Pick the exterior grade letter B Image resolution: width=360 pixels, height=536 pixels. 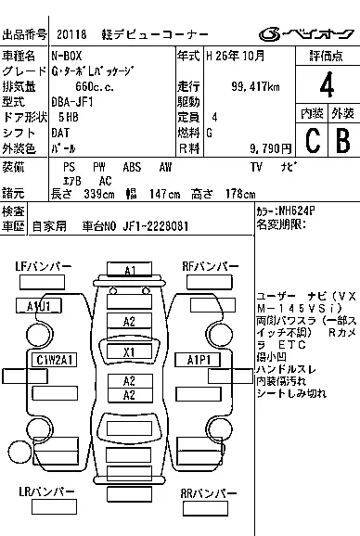point(341,140)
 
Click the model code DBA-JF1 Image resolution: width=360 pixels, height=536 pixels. point(75,102)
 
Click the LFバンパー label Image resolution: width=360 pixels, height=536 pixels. point(43,267)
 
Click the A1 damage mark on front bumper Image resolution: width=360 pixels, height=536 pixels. point(130,270)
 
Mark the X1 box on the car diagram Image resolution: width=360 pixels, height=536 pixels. point(130,351)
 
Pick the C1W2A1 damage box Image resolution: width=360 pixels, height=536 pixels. point(55,359)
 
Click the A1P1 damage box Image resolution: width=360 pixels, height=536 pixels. point(200,359)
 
